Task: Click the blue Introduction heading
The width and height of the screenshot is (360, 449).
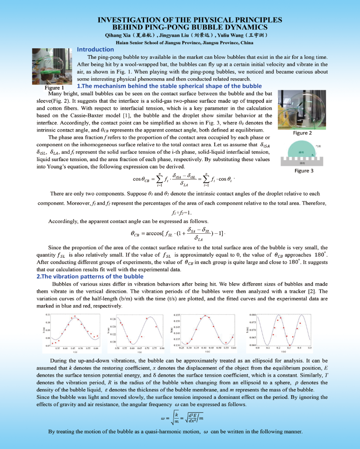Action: (x=95, y=49)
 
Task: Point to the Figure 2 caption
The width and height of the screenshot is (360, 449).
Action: (x=302, y=133)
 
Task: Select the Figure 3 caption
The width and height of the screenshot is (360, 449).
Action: (x=304, y=171)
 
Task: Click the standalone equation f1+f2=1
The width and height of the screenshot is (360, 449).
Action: (x=180, y=213)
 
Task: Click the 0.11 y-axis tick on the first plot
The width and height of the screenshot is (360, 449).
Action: (x=48, y=314)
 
